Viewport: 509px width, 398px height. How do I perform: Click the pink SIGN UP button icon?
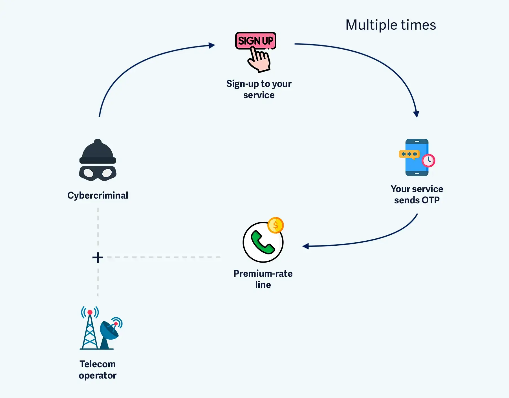point(255,41)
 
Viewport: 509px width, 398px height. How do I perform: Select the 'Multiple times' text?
point(391,25)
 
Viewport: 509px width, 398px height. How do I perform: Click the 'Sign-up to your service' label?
point(259,89)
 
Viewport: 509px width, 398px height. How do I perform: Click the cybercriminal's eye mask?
point(98,173)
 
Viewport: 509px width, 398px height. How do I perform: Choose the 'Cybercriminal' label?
point(98,195)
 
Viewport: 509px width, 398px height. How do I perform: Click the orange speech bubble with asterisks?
point(409,154)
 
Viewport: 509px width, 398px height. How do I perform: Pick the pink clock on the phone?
point(428,160)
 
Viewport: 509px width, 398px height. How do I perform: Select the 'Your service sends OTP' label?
point(417,194)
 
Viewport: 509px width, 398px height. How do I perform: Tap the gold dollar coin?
point(276,225)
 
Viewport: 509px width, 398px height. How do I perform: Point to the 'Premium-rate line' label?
point(263,279)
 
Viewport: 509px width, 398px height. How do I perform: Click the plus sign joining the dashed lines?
point(98,257)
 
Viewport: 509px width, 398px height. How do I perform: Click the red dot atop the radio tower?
point(90,312)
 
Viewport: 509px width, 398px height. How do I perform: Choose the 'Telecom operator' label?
point(98,370)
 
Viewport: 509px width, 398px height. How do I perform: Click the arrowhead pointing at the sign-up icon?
point(212,45)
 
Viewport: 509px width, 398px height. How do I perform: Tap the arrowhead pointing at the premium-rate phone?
point(306,246)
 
